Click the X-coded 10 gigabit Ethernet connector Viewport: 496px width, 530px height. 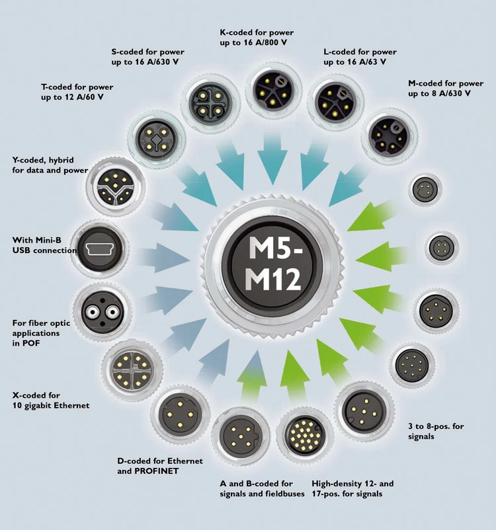click(x=128, y=366)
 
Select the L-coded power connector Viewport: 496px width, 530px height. click(x=331, y=102)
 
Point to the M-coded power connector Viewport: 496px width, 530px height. click(x=386, y=135)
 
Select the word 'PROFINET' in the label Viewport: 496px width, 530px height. click(x=144, y=472)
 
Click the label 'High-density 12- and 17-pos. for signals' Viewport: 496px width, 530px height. click(x=347, y=488)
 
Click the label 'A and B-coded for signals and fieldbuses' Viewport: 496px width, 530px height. click(x=257, y=488)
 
